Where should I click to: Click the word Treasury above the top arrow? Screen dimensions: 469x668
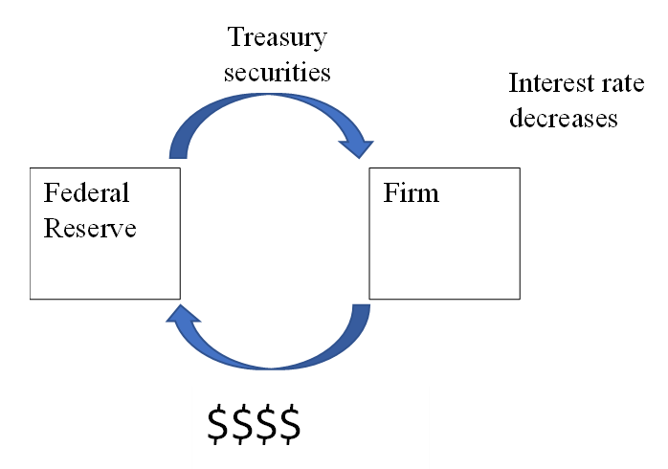[x=277, y=38]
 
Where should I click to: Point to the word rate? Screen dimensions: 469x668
[x=610, y=82]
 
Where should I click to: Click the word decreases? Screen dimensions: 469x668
[x=563, y=118]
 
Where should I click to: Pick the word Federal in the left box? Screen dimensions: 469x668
[x=86, y=193]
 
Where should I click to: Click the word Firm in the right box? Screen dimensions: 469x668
[x=411, y=193]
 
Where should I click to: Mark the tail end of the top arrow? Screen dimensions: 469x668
[x=178, y=149]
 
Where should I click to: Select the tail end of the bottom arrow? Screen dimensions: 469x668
[x=361, y=313]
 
